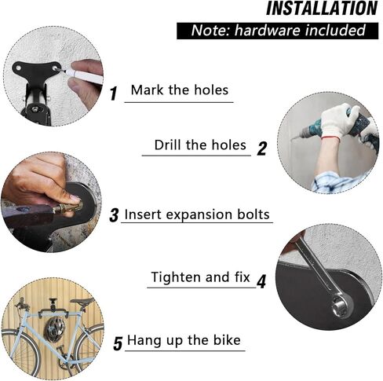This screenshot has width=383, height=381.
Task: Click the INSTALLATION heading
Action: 322,9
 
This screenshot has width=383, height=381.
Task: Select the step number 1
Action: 113,94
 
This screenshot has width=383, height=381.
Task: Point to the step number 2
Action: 262,148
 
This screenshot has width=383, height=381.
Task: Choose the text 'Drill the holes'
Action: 199,145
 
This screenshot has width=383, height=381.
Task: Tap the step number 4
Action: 261,280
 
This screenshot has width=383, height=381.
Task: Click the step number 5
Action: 117,343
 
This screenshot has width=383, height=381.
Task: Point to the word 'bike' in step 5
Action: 225,342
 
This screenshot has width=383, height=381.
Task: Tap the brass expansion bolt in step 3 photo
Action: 63,207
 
